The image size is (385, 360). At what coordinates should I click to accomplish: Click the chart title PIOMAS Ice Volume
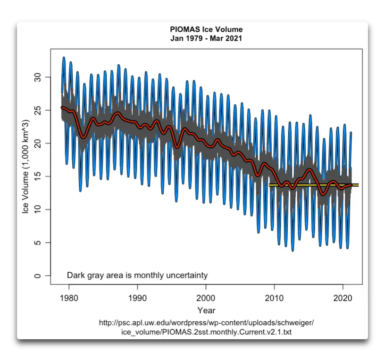click(206, 30)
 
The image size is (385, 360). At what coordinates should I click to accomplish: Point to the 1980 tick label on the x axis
click(69, 299)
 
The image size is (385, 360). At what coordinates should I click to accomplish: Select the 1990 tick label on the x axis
click(137, 299)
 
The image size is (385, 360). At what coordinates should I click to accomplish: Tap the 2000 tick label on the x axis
click(206, 299)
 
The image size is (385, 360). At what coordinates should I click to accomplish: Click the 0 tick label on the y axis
click(39, 276)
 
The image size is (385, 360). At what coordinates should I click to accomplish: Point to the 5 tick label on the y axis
click(39, 243)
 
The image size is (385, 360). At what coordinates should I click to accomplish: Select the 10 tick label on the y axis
click(39, 209)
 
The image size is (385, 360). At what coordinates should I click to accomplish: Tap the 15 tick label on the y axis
click(39, 176)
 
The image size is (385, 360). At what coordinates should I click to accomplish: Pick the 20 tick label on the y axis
click(39, 143)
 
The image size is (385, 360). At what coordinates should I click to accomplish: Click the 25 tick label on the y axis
click(39, 110)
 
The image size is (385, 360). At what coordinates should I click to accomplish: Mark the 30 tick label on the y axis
click(39, 76)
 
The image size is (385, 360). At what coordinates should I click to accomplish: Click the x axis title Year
click(206, 310)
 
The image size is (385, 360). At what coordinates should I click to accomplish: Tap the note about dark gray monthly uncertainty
click(137, 275)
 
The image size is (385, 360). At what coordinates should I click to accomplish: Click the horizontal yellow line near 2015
click(313, 185)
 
